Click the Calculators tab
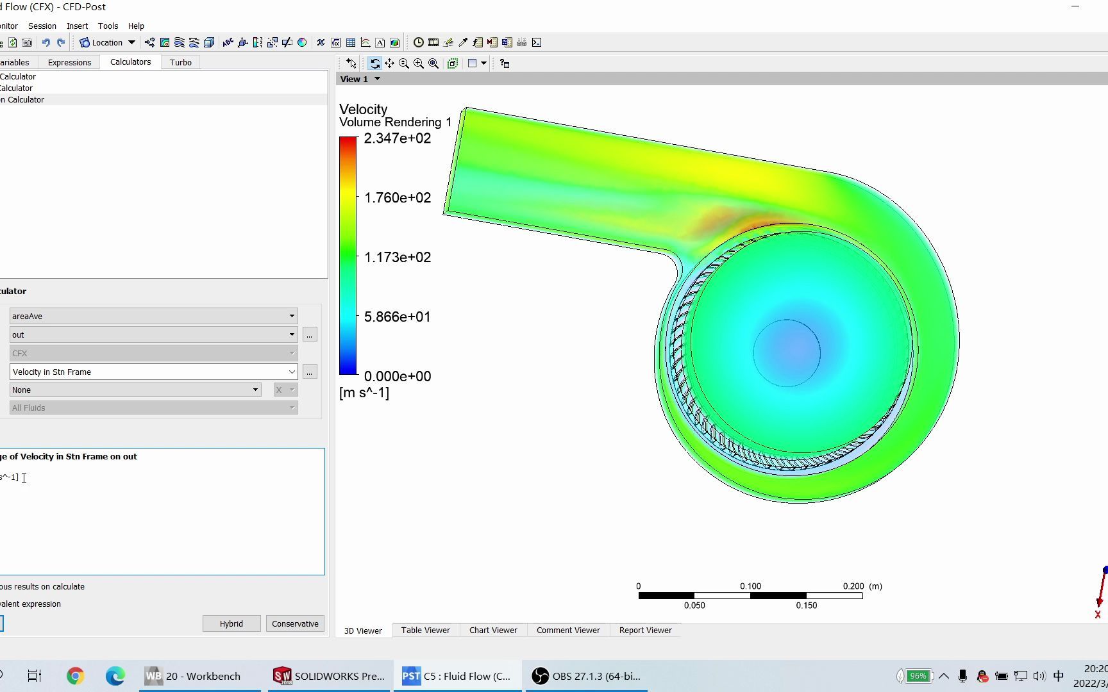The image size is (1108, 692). tap(130, 62)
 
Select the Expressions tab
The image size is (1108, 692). tap(69, 63)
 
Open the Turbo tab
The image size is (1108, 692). tap(180, 63)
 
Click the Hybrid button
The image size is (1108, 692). tap(231, 623)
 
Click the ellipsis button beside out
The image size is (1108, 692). tap(310, 334)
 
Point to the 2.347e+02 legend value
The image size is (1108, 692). tap(397, 138)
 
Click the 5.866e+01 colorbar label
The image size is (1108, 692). tap(397, 317)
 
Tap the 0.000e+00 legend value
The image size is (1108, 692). tap(397, 376)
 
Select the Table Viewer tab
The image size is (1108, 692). tap(425, 630)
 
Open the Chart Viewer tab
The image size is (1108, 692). tap(493, 630)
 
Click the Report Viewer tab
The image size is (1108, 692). tap(645, 630)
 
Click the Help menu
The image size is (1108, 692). tap(136, 26)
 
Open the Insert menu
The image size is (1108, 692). tap(77, 26)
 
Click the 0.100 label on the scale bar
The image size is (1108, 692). tap(750, 586)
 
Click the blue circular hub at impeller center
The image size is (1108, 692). tap(787, 352)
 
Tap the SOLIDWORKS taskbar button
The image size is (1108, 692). tap(329, 676)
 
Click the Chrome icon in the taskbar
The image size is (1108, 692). tap(76, 676)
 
